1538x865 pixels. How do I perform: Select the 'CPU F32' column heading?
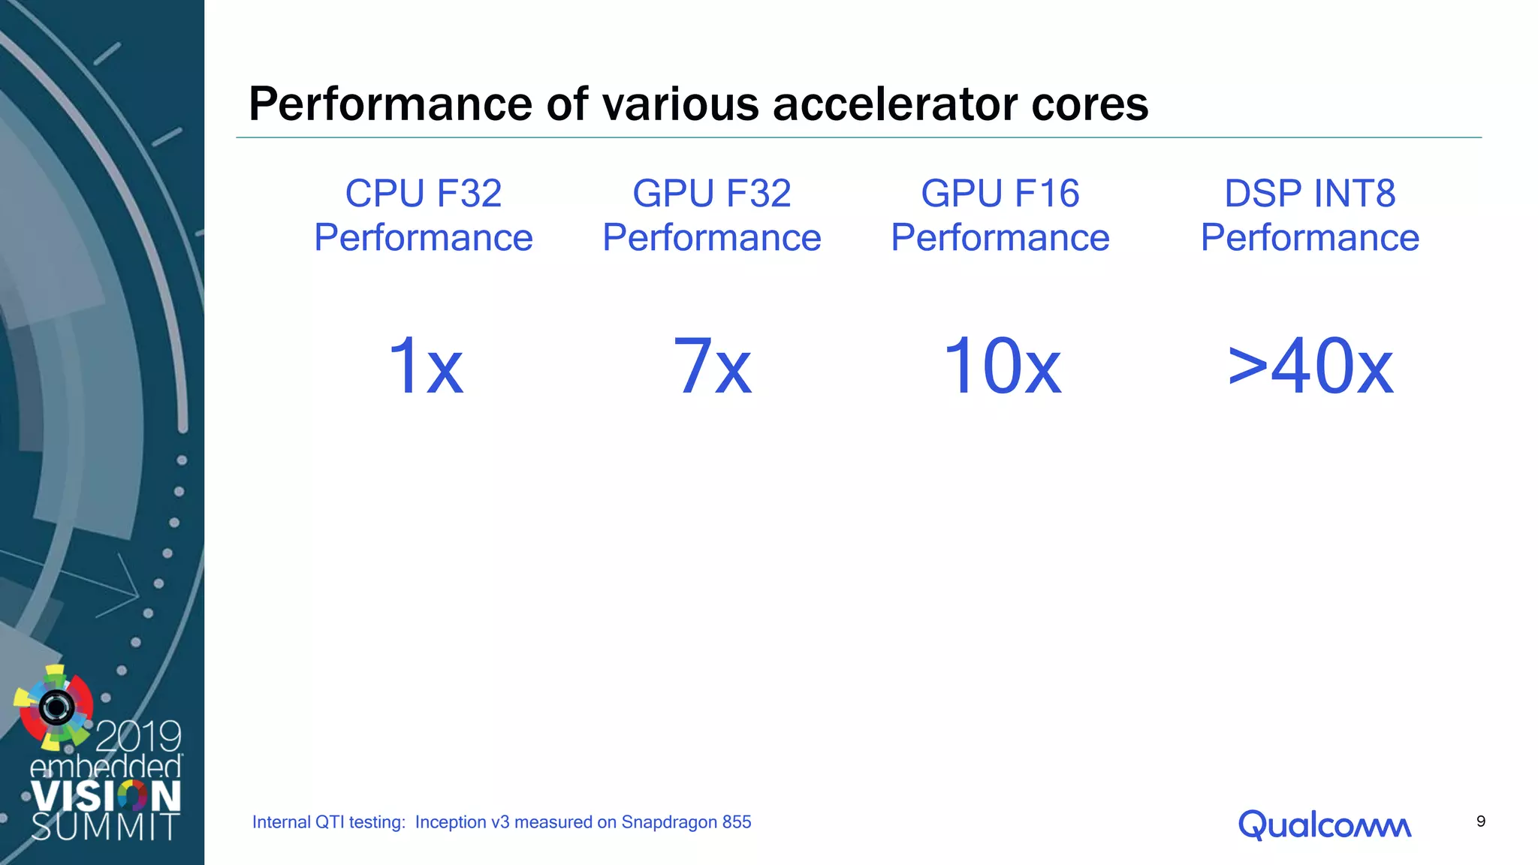pyautogui.click(x=424, y=194)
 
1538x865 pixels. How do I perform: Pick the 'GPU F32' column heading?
pyautogui.click(x=711, y=194)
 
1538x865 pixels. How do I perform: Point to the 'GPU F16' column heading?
pyautogui.click(x=1000, y=194)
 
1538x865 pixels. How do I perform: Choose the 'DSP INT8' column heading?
pyautogui.click(x=1310, y=194)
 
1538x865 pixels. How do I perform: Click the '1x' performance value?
pyautogui.click(x=425, y=366)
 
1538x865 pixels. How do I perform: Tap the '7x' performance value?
pyautogui.click(x=712, y=366)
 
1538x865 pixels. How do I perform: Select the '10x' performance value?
pyautogui.click(x=1001, y=366)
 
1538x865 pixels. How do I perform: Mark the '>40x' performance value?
pyautogui.click(x=1310, y=366)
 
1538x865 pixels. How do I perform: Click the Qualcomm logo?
pyautogui.click(x=1324, y=824)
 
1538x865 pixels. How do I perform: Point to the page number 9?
pyautogui.click(x=1480, y=821)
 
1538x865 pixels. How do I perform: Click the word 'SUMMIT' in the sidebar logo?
pyautogui.click(x=105, y=827)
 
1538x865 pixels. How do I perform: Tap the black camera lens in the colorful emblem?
pyautogui.click(x=56, y=707)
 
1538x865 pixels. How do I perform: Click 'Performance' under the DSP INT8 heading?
pyautogui.click(x=1310, y=238)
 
